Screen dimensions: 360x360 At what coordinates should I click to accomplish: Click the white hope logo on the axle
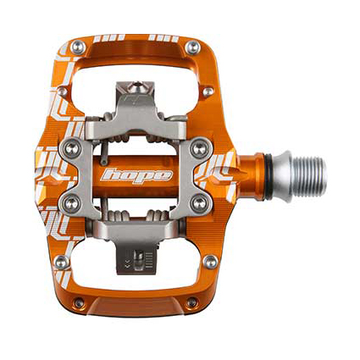tap(137, 176)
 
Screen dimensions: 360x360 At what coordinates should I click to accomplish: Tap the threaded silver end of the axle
tap(309, 177)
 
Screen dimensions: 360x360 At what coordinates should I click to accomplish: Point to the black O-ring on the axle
tap(269, 177)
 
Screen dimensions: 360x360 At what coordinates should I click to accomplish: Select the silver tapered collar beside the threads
tap(282, 177)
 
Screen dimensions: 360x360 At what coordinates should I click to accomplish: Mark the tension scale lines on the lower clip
tap(149, 260)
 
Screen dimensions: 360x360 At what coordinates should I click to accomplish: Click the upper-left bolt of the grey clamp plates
tap(71, 149)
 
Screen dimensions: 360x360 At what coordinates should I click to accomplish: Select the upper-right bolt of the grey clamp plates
tap(200, 148)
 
